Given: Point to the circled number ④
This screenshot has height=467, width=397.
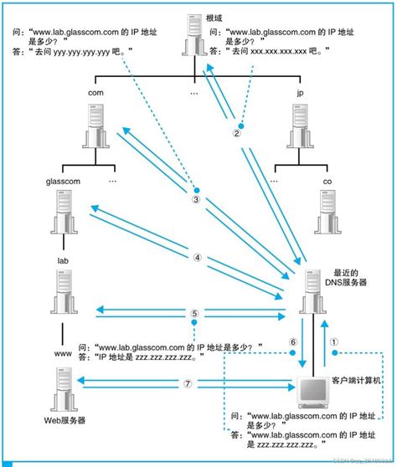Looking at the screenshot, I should [x=197, y=258].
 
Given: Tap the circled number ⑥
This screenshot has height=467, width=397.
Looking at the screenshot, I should [x=293, y=341].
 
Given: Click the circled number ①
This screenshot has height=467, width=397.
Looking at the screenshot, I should [x=333, y=341].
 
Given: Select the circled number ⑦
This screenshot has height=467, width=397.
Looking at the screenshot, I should [x=188, y=383].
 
